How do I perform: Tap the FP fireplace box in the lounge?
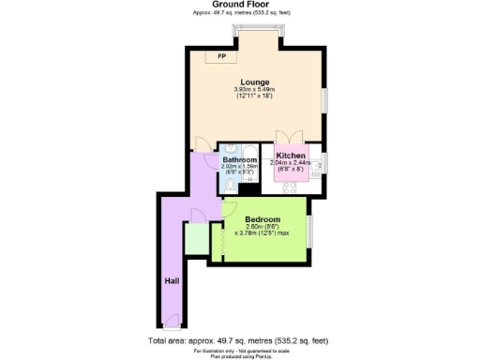(x=221, y=58)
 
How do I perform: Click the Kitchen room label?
(x=291, y=155)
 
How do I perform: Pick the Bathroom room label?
(x=240, y=160)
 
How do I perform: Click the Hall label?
(x=172, y=280)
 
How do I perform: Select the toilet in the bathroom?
(x=231, y=187)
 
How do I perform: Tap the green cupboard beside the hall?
(x=197, y=239)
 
